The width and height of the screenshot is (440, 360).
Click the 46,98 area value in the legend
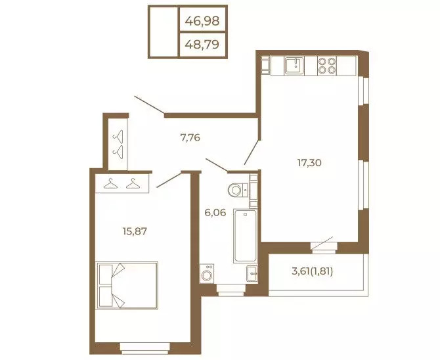click(x=202, y=21)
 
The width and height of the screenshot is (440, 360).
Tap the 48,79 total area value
click(x=202, y=45)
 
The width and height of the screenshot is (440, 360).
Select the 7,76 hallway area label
click(x=190, y=137)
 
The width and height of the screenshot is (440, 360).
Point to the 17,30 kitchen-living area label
click(x=309, y=162)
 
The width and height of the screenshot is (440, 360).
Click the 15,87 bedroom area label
click(x=135, y=231)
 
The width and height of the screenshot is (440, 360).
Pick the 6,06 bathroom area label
click(x=215, y=213)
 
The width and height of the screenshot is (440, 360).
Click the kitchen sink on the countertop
click(x=294, y=66)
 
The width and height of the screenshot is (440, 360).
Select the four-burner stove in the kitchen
click(x=327, y=66)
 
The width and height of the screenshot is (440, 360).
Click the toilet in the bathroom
click(x=238, y=190)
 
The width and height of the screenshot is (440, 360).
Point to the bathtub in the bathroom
click(x=245, y=236)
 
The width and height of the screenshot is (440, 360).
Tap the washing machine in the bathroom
click(x=207, y=273)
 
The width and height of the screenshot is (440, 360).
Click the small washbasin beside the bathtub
click(x=252, y=273)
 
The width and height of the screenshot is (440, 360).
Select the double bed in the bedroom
click(x=127, y=285)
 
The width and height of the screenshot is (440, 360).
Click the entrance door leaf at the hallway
click(x=150, y=105)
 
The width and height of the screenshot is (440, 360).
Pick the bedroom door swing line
click(x=169, y=180)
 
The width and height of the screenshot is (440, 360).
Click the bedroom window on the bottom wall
click(x=144, y=348)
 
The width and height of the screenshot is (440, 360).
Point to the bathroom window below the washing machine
click(x=231, y=290)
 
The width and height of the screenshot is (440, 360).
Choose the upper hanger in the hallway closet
click(x=118, y=136)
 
